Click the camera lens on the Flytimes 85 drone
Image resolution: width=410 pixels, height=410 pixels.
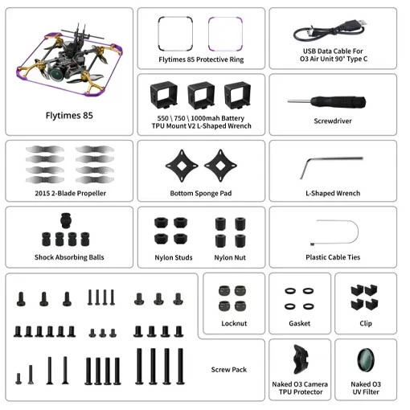tap(57, 73)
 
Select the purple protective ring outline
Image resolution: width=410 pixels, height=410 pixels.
tap(209, 34)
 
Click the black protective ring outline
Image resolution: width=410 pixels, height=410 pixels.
tap(158, 34)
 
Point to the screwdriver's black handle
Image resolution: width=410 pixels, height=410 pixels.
tap(338, 102)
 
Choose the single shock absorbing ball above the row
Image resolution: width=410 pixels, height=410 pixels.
tap(66, 220)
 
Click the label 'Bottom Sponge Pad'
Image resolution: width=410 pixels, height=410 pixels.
tap(201, 193)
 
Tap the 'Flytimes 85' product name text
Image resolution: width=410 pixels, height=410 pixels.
tap(69, 116)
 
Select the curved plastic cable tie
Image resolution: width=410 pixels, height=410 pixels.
tap(358, 232)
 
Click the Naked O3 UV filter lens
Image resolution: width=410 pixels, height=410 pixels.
tap(366, 360)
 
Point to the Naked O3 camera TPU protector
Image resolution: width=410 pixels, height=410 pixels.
tap(301, 359)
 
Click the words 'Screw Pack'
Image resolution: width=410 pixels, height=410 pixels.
tap(229, 370)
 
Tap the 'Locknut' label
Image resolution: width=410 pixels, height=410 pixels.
tap(234, 323)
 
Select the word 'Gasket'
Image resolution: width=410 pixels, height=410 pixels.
tap(300, 323)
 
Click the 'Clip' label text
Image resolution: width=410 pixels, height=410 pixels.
tap(366, 323)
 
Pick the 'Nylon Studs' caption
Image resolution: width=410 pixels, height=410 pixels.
tap(174, 257)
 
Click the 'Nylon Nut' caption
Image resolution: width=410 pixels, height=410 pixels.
tap(230, 257)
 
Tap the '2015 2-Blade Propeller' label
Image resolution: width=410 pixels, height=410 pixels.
tap(71, 193)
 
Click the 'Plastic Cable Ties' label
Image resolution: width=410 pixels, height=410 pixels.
tap(333, 257)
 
